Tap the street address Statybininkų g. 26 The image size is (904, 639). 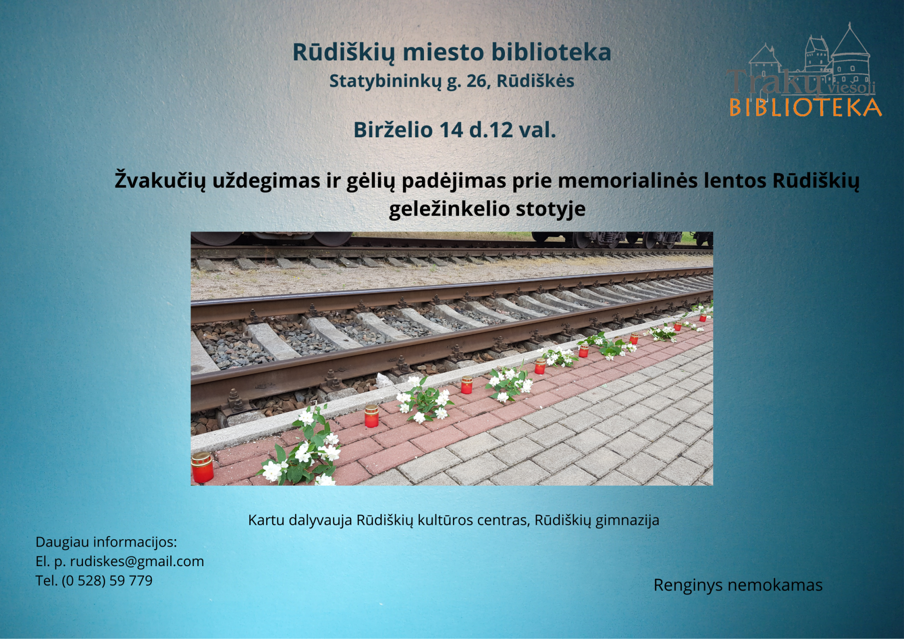coord(409,81)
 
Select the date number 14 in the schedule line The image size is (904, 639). coord(452,130)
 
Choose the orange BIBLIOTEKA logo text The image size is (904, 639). coord(805,108)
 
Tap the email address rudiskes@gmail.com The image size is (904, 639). coord(137,562)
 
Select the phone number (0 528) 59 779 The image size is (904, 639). coord(107,581)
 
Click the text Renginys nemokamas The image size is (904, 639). coord(738,585)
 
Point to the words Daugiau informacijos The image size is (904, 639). coord(106,542)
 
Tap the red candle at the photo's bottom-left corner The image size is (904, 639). coord(202,467)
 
